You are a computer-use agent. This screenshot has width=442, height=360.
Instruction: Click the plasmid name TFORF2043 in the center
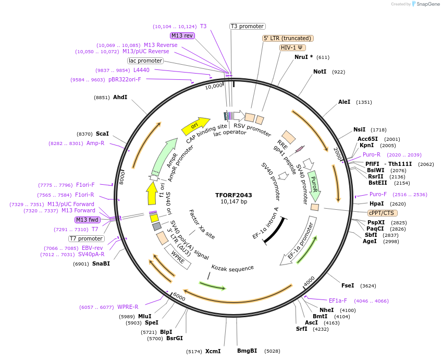[x=234, y=195]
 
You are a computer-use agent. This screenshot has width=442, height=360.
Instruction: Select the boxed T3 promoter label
[x=248, y=26]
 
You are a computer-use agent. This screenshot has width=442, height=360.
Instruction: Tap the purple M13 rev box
[x=182, y=35]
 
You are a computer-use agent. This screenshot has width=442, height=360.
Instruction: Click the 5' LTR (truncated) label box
[x=287, y=38]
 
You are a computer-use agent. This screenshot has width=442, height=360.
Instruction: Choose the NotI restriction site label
[x=320, y=71]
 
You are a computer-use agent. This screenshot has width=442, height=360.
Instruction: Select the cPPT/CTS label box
[x=382, y=213]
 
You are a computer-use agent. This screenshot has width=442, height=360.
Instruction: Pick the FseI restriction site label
[x=348, y=285]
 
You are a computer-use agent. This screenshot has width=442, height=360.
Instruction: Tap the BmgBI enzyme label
[x=247, y=351]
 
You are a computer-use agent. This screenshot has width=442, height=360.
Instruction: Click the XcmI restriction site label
[x=213, y=351]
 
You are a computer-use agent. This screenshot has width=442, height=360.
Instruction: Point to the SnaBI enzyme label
[x=101, y=264]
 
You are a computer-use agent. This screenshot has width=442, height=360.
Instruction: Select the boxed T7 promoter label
[x=87, y=238]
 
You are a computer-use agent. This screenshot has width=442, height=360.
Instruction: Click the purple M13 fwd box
[x=88, y=220]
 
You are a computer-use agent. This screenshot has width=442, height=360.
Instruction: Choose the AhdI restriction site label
[x=120, y=98]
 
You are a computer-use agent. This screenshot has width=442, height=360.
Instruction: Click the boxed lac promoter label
[x=145, y=61]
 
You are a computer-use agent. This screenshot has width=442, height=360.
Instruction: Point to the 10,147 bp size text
[x=234, y=202]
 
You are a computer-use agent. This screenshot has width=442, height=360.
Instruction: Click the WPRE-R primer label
[x=128, y=307]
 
